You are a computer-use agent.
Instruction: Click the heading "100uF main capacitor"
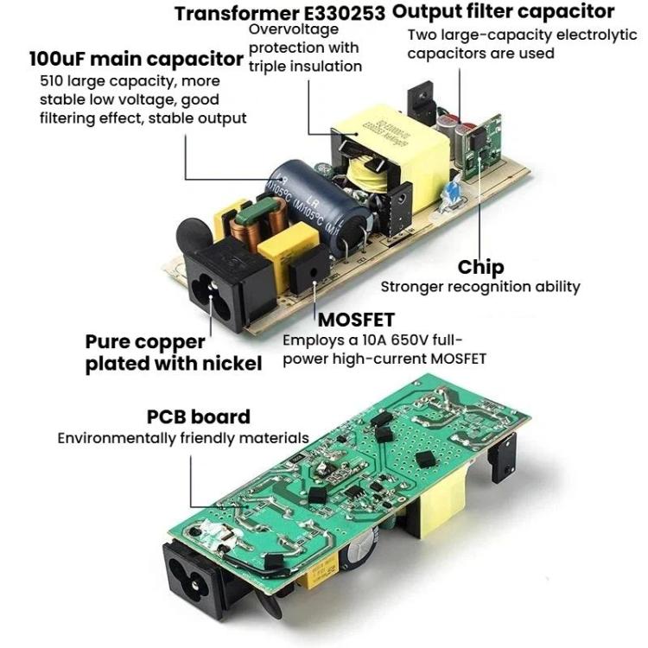(137, 59)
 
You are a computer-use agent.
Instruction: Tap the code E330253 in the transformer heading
(345, 14)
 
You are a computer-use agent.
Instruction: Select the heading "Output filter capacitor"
(504, 11)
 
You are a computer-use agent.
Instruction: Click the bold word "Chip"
(480, 267)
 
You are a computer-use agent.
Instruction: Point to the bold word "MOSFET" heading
(356, 320)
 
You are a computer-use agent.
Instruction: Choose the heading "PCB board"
(199, 416)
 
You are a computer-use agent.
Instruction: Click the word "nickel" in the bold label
(232, 364)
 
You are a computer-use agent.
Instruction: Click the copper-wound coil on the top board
(258, 221)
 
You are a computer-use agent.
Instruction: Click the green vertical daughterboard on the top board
(482, 147)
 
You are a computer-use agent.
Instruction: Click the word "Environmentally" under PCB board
(117, 438)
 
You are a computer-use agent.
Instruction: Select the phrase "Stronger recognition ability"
(480, 287)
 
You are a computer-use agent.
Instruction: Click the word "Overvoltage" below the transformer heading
(294, 29)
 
